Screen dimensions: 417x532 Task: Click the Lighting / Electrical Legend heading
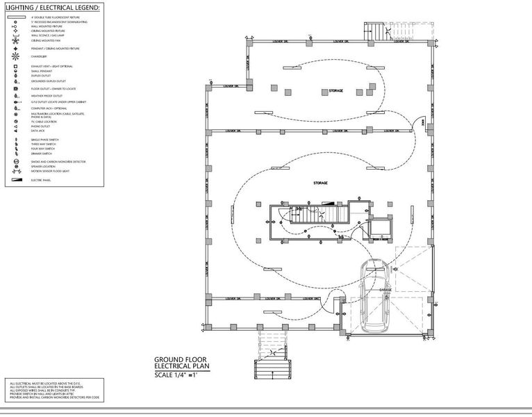pyautogui.click(x=53, y=8)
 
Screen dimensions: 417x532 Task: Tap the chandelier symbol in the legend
pyautogui.click(x=15, y=56)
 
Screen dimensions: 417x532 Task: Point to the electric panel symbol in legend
pyautogui.click(x=15, y=180)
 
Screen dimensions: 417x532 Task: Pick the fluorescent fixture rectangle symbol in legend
pyautogui.click(x=15, y=17)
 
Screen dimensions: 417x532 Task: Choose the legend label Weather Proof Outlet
pyautogui.click(x=46, y=96)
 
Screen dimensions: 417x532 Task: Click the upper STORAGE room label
pyautogui.click(x=336, y=91)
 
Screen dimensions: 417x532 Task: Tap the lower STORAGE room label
pyautogui.click(x=320, y=183)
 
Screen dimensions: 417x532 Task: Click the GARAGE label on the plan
pyautogui.click(x=385, y=290)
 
